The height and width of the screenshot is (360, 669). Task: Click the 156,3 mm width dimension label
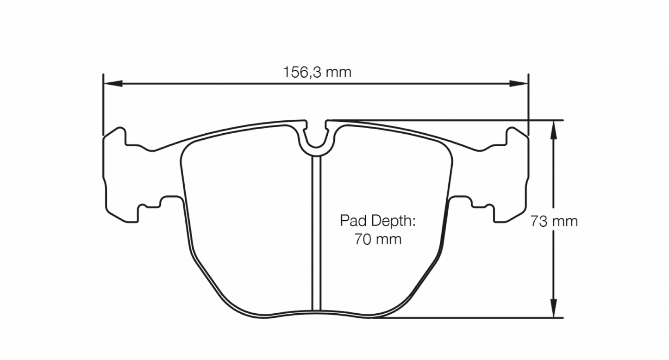pos(317,72)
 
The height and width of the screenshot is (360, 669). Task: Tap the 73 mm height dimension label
pos(554,222)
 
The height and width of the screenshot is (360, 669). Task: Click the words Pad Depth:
pos(378,221)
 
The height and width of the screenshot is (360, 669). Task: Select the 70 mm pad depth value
pos(378,239)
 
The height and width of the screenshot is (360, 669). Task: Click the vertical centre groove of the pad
pos(316,231)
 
